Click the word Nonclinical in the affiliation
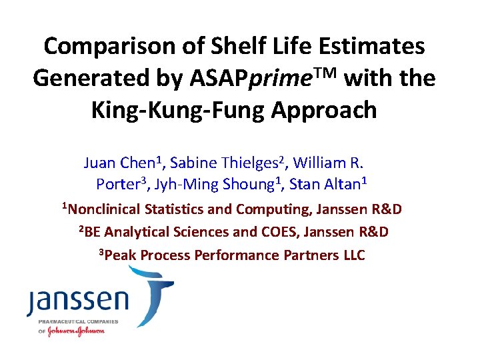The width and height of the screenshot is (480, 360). tap(103, 210)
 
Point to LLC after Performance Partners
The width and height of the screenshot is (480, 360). tap(351, 255)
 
